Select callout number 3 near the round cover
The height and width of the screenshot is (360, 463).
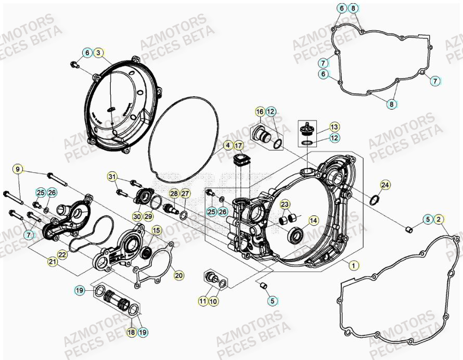99,53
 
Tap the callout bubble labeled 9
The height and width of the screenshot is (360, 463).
18,169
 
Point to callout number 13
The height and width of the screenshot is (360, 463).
334,127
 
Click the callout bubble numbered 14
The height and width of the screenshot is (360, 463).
313,220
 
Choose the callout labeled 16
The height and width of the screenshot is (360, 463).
260,112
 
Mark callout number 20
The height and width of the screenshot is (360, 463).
178,275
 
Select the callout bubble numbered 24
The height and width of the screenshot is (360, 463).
384,185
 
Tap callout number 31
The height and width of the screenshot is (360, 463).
112,177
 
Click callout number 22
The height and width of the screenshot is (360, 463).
62,254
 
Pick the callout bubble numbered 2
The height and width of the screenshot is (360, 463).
439,220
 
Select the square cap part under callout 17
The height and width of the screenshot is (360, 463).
240,161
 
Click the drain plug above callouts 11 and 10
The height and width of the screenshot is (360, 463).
212,277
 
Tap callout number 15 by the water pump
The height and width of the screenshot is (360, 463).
157,229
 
